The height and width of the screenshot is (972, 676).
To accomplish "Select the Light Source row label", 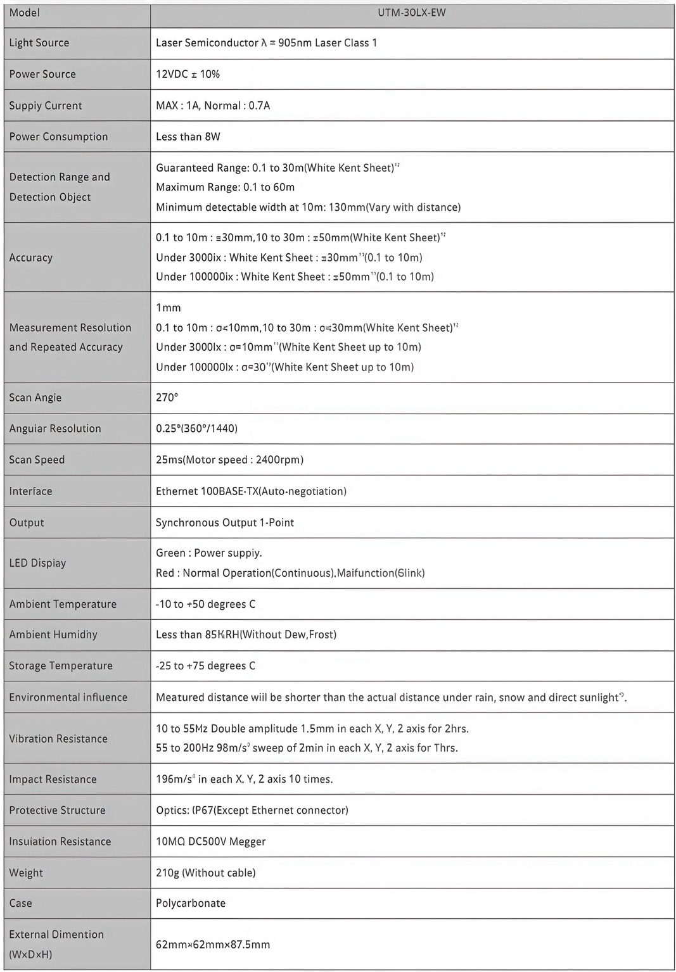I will tap(39, 43).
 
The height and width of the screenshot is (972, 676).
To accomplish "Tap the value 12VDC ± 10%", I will tap(188, 74).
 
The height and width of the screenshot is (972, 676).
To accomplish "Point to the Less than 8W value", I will tap(188, 137).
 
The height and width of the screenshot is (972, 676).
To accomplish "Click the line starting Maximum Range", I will tap(225, 187).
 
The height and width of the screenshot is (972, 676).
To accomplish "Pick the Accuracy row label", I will tap(31, 258).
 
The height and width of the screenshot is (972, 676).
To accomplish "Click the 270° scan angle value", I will tap(167, 398).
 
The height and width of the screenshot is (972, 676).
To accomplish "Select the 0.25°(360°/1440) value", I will tap(196, 429).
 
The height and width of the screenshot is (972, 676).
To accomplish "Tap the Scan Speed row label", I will tap(37, 460).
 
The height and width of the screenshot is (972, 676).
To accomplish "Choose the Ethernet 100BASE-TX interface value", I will tap(251, 491).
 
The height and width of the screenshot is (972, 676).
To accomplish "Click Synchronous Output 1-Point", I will tap(225, 523).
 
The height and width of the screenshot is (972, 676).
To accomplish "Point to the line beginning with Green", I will tap(208, 553).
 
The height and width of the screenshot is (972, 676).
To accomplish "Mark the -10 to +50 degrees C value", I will tap(205, 604).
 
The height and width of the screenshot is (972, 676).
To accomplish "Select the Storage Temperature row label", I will tap(61, 666).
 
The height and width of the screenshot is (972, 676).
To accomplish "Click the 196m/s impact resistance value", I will tap(244, 779).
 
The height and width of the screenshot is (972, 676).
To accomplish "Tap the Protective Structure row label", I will tap(58, 811).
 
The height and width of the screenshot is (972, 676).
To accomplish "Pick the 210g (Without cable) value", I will tap(205, 873).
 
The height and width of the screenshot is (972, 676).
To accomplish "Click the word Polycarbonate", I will tap(191, 904).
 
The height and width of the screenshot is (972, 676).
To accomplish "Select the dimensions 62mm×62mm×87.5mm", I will tap(213, 945).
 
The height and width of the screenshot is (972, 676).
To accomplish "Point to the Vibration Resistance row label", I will tap(58, 739).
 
